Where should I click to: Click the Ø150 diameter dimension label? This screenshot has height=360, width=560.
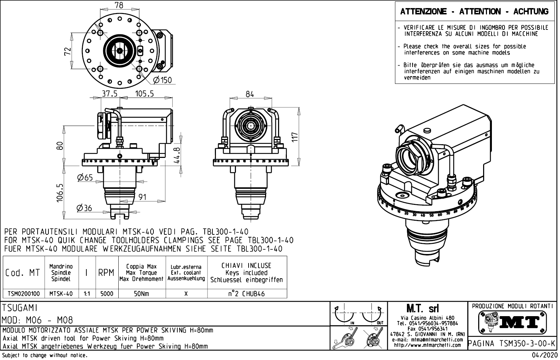[163, 80]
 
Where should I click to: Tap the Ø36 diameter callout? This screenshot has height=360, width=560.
[84, 208]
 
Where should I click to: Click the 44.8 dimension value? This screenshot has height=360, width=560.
[177, 155]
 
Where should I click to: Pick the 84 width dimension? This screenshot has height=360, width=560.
[250, 94]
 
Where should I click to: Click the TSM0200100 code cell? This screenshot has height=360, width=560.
[24, 293]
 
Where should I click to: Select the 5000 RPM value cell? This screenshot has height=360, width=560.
[107, 293]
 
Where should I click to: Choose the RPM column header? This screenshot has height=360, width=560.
[106, 273]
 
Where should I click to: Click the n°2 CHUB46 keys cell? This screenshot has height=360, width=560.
[246, 293]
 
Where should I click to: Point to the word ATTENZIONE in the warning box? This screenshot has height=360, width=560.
[423, 12]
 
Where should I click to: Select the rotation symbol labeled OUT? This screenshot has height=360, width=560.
[373, 314]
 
